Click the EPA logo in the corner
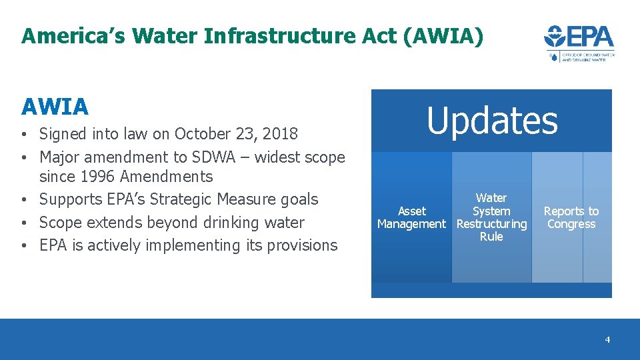point(579,43)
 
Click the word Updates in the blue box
point(492,121)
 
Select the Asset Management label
point(411,217)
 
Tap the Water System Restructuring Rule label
point(491,217)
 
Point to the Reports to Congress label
point(571,217)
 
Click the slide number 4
point(607,340)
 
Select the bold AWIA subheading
point(55,107)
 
